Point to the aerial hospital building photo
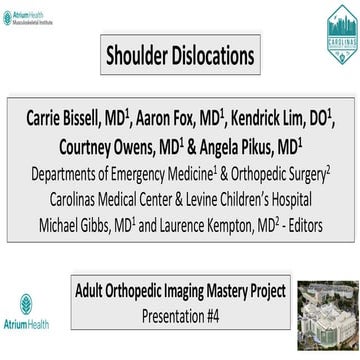tap(330, 318)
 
